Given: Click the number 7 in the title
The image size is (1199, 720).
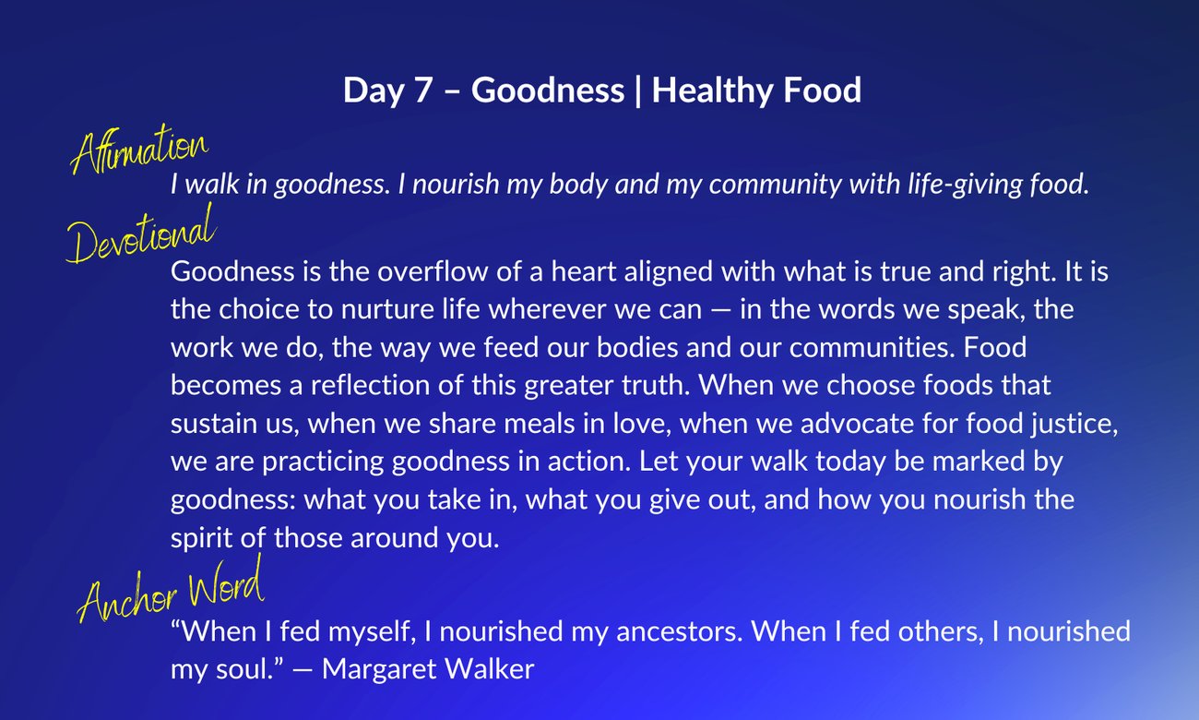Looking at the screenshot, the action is [x=422, y=90].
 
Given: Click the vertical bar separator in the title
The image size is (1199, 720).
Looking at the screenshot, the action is [x=637, y=91].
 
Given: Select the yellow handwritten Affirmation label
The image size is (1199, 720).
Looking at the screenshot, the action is [x=139, y=149].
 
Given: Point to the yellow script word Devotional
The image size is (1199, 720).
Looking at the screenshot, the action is [x=141, y=234].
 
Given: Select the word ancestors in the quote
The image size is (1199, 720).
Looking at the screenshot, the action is [x=679, y=631].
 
